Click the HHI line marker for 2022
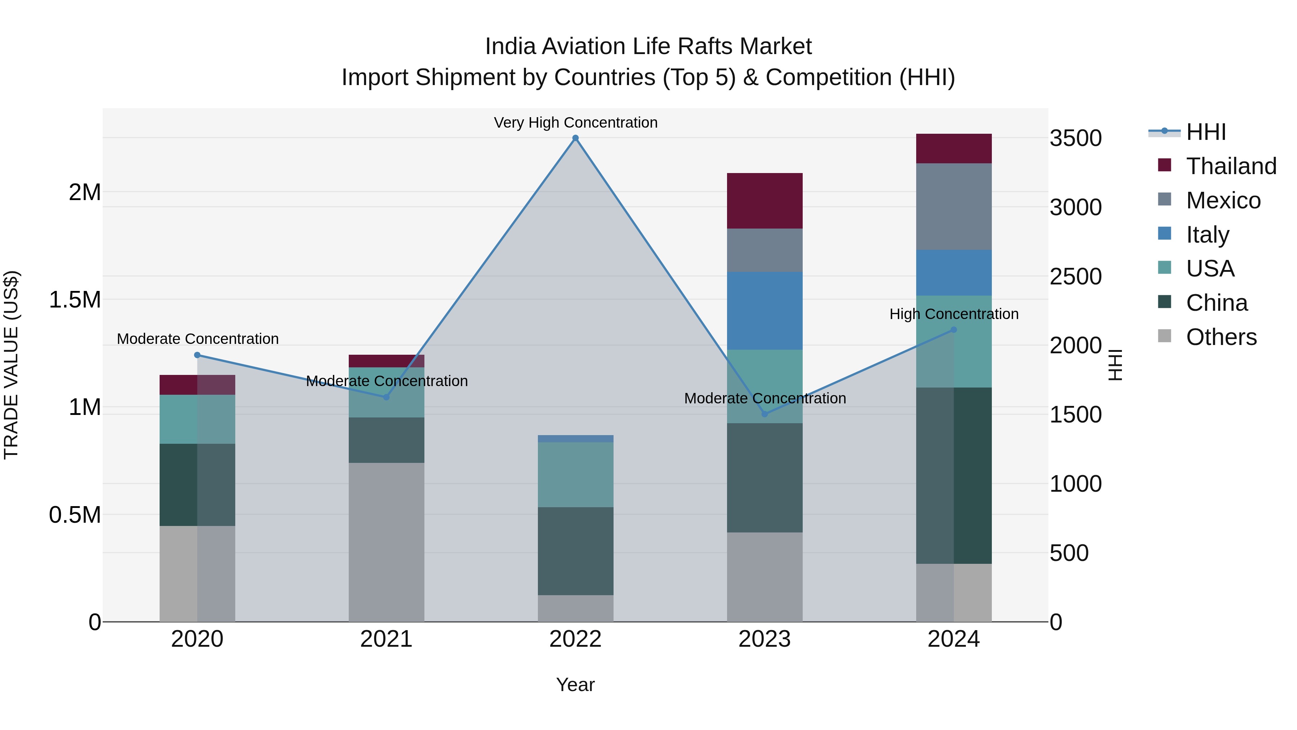(x=575, y=138)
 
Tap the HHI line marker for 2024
(x=954, y=330)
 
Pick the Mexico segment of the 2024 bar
(x=954, y=206)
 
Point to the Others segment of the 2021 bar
(x=386, y=541)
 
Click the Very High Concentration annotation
(x=575, y=123)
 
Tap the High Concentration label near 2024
(x=954, y=314)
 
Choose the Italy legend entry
(x=1207, y=235)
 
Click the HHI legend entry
(x=1205, y=132)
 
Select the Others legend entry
(x=1221, y=337)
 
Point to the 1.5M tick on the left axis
(x=75, y=300)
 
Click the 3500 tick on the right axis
(x=1075, y=138)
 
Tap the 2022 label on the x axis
(x=575, y=639)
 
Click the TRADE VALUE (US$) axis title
(x=11, y=365)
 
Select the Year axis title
(x=575, y=685)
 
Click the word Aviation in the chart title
(x=584, y=47)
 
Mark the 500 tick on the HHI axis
(x=1069, y=553)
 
